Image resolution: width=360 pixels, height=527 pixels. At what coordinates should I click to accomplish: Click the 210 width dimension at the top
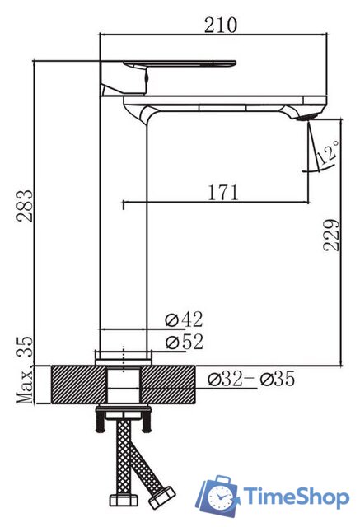pos(221,26)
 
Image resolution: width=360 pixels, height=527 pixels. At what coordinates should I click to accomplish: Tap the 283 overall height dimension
pos(26,206)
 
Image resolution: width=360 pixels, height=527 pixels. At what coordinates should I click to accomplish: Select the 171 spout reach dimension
pos(223,192)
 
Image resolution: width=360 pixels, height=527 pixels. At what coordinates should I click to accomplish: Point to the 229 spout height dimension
pos(331,235)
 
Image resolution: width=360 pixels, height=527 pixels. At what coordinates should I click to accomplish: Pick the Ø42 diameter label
pos(185,319)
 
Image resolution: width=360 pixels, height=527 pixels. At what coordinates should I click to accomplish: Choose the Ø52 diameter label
pos(185,343)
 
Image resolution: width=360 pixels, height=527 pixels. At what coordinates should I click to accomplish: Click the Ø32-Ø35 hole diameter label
pos(251,379)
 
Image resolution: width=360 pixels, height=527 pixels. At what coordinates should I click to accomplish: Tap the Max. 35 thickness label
pos(26,370)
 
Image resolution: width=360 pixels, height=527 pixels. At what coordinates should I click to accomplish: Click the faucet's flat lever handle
pos(180,63)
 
